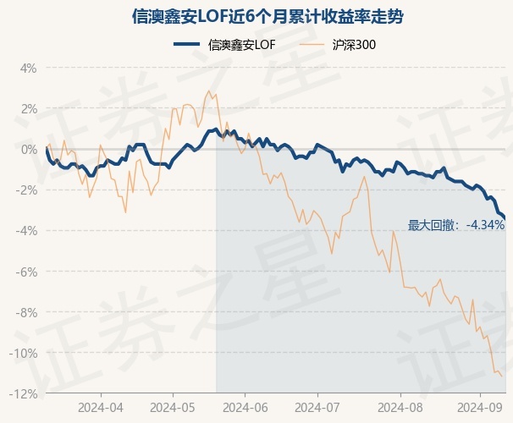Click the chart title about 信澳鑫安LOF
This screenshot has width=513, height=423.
[256, 16]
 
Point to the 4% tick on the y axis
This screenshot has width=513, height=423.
[28, 68]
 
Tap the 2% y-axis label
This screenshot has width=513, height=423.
[28, 108]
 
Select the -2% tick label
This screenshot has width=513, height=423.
[26, 190]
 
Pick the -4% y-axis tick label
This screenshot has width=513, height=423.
[26, 231]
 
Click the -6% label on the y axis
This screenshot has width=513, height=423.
[26, 272]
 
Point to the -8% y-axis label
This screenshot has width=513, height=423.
[26, 312]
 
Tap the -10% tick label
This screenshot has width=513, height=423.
[24, 353]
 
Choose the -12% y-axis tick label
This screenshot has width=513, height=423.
[24, 393]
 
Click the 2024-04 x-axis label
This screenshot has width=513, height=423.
[101, 407]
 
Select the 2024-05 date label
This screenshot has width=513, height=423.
[173, 407]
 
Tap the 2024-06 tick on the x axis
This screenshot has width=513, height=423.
[245, 407]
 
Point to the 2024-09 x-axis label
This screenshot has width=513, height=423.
[479, 407]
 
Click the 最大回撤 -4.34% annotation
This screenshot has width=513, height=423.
[455, 225]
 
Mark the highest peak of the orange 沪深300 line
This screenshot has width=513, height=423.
[208, 91]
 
